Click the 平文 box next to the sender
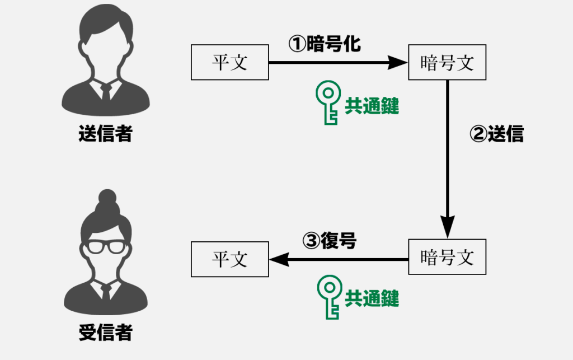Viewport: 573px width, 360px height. [x=229, y=63]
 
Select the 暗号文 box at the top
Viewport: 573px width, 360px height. [x=447, y=63]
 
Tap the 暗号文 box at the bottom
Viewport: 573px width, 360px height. [x=447, y=257]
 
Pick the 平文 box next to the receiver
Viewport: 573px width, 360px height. [x=229, y=259]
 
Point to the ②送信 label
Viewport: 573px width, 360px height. [x=496, y=135]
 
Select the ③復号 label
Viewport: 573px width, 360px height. [x=330, y=241]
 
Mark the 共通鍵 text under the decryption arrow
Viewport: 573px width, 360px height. [x=372, y=298]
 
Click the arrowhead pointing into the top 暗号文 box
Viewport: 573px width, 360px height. [x=398, y=63]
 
